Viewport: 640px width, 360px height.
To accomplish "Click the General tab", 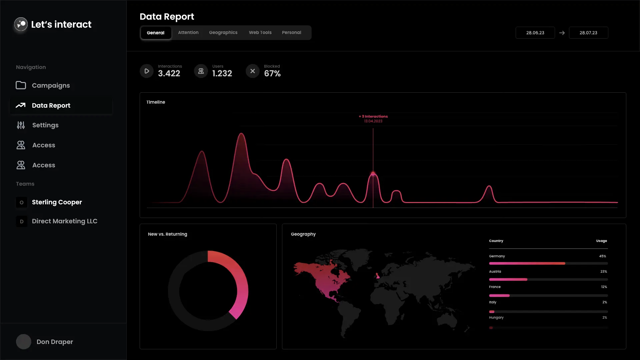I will point(156,33).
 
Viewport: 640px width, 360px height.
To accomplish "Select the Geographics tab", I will point(223,33).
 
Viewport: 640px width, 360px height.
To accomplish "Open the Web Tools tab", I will point(260,33).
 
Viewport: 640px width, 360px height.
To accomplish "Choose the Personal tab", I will point(291,33).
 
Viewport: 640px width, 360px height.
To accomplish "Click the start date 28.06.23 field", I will point(535,33).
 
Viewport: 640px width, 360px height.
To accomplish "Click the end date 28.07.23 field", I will point(588,33).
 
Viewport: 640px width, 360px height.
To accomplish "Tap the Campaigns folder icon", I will point(21,85).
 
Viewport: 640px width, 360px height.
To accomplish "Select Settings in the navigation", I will point(45,125).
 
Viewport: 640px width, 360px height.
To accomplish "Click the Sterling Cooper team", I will point(57,202).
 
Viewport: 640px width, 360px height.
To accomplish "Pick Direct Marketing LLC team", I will point(64,221).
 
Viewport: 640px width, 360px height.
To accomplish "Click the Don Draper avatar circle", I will point(24,342).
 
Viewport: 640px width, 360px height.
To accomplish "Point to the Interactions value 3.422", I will point(169,74).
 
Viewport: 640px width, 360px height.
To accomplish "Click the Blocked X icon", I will point(253,71).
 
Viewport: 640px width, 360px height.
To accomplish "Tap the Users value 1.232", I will point(222,74).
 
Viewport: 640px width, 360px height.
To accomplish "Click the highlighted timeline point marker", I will point(373,174).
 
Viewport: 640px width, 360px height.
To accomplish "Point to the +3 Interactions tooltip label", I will point(373,116).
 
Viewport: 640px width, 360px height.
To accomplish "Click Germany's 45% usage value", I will point(602,256).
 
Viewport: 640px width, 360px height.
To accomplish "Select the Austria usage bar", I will point(508,279).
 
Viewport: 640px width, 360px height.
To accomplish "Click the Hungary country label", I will point(496,318).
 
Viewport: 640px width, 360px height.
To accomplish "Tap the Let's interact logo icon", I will point(21,24).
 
